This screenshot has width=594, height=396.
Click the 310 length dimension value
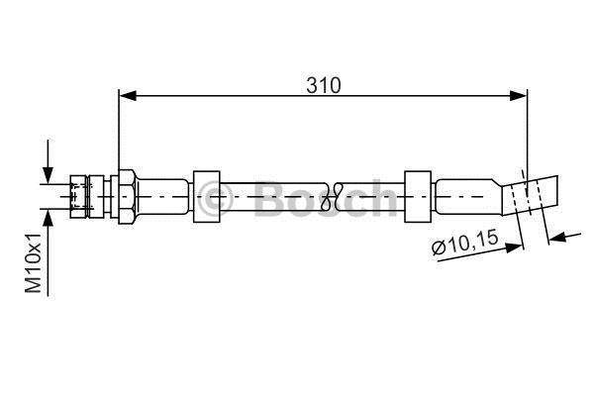click(324, 85)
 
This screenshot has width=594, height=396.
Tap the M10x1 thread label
click(34, 263)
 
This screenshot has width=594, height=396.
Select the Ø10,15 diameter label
click(465, 243)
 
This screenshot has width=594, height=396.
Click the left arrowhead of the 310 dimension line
click(128, 96)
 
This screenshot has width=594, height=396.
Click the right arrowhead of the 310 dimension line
click(518, 96)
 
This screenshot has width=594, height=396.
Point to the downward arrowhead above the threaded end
click(48, 175)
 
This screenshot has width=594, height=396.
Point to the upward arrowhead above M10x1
click(48, 218)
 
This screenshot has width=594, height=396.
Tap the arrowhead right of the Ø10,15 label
click(515, 247)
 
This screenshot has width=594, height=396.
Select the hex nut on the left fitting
click(127, 197)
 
